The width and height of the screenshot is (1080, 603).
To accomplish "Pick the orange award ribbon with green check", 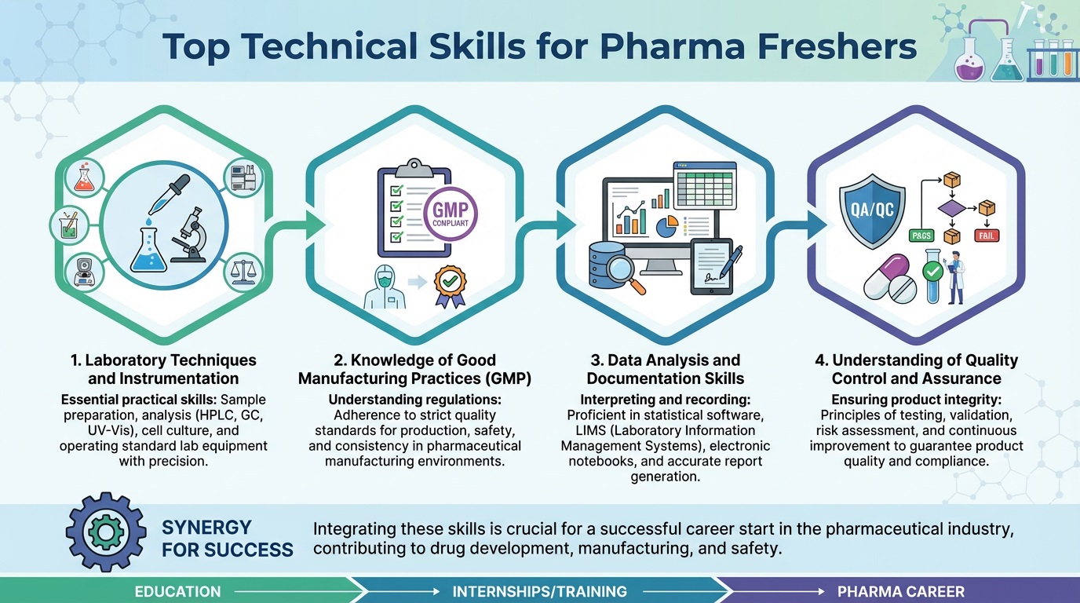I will click(x=451, y=283).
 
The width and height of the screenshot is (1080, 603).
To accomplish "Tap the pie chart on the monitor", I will click(x=666, y=225).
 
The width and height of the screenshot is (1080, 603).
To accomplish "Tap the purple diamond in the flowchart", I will click(x=952, y=208).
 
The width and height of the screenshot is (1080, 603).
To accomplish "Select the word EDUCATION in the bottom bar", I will click(x=178, y=591).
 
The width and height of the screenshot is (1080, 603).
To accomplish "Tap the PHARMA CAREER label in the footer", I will click(x=901, y=591).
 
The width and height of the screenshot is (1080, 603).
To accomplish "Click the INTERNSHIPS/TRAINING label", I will click(x=540, y=591).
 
